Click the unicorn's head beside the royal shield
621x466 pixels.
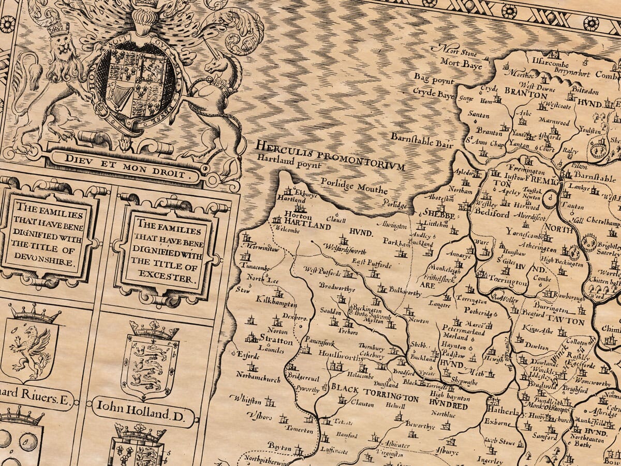[220, 67]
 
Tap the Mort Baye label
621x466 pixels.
[461, 65]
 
